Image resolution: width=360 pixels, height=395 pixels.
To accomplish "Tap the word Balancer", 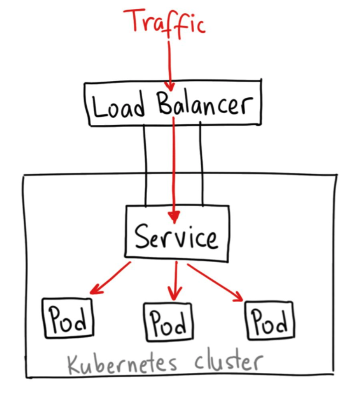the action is pos(205,104).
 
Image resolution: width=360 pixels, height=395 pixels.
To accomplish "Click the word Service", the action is pos(176,237).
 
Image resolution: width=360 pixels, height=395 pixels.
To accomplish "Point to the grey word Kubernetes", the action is pos(122,364).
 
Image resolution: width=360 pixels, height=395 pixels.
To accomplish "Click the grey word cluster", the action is pos(228,362).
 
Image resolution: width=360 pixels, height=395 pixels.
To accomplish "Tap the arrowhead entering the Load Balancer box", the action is pos(170,86).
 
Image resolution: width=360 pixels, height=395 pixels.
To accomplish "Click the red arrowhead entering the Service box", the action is pos(174,217).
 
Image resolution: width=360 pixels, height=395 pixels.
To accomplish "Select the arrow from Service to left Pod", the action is pos(110,278).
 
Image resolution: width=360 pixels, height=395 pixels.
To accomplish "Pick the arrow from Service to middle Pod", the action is pos(176,281).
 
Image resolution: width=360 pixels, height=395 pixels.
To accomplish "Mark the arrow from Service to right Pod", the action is pos(215,282).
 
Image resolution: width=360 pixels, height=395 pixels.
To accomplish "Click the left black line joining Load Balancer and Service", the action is pos(145,165).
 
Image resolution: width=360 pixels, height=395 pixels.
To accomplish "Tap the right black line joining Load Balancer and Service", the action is pos(201,164).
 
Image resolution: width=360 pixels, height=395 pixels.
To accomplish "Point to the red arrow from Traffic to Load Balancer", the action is pos(170,66).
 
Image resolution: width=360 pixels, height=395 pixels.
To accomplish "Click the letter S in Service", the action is pos(142,236).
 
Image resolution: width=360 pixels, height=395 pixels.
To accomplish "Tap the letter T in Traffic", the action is pos(134,20).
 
